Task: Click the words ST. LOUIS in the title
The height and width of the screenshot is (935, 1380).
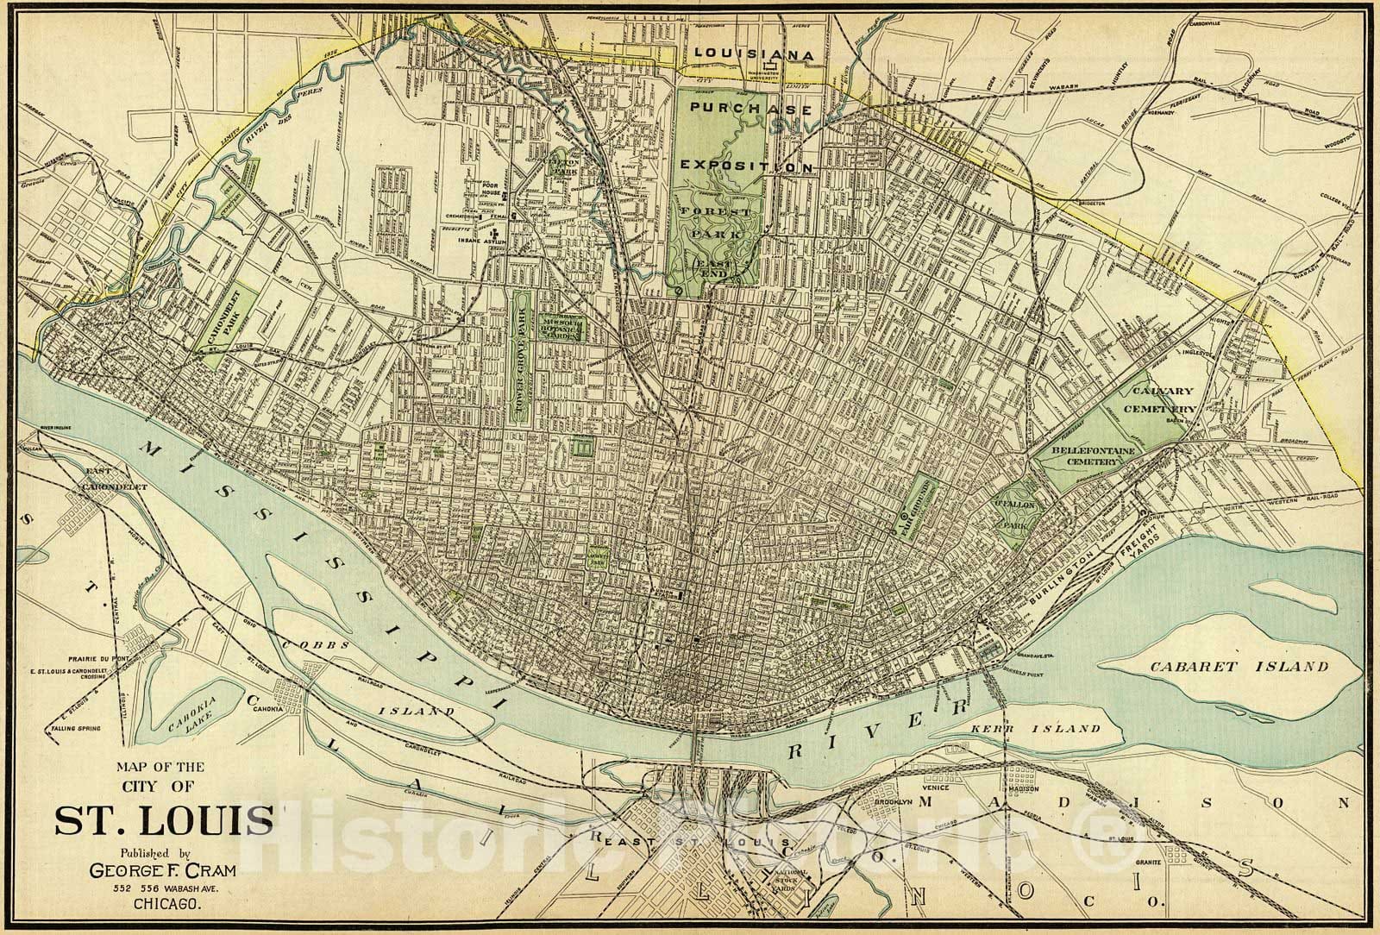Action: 164,819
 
